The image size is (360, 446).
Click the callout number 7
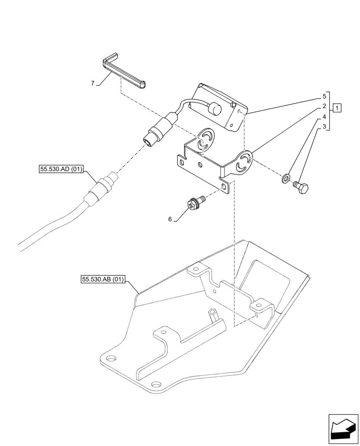[x=92, y=83]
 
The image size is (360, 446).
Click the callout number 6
[x=170, y=219]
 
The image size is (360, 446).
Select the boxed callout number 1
[x=337, y=108]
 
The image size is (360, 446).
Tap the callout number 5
[x=325, y=96]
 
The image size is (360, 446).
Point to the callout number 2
[x=325, y=107]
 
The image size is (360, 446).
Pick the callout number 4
[x=325, y=117]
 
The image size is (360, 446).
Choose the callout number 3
[x=325, y=127]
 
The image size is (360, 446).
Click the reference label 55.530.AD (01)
[x=61, y=169]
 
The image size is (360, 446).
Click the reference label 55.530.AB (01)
[x=103, y=280]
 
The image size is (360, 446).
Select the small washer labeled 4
[x=285, y=180]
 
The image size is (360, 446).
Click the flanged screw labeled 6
[x=193, y=204]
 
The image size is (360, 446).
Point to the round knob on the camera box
[x=216, y=108]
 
